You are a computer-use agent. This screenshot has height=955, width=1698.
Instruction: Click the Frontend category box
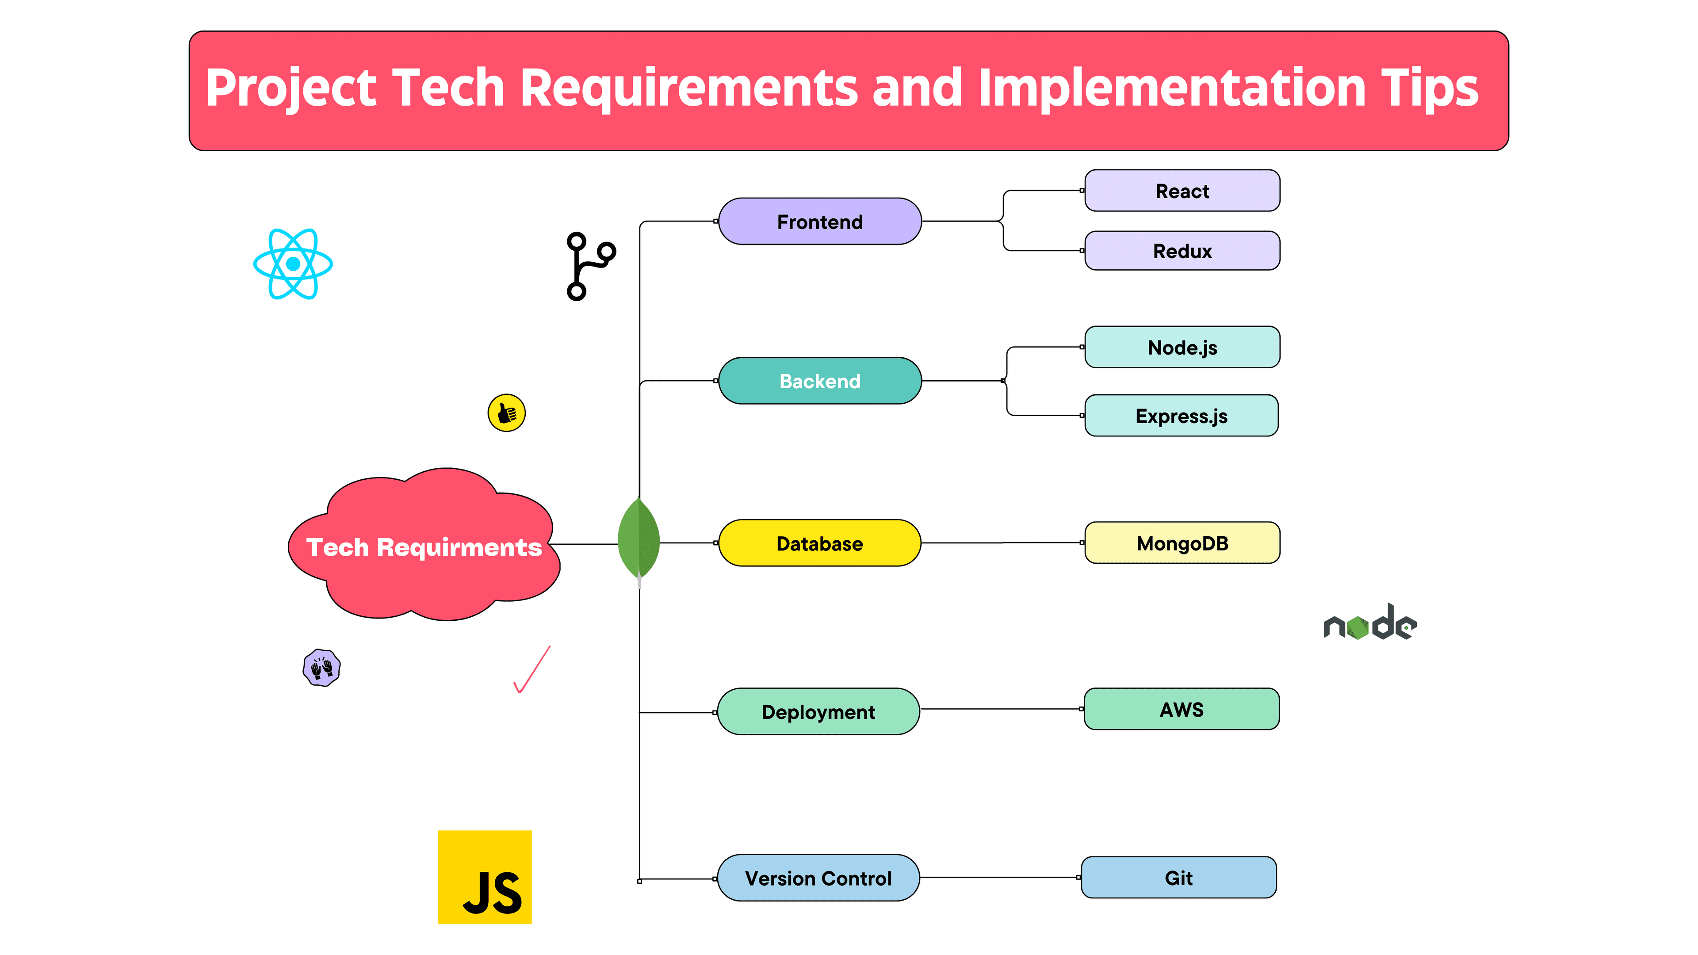tap(819, 222)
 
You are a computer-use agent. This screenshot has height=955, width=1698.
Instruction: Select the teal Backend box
tap(819, 381)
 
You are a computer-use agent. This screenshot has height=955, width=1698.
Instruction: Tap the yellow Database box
tap(819, 543)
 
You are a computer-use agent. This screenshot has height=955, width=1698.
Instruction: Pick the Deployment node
tap(818, 712)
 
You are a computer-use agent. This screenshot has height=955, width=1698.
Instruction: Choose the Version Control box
tap(818, 878)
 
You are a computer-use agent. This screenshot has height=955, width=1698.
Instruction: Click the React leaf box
tap(1182, 191)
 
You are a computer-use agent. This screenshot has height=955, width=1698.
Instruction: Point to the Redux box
tap(1182, 250)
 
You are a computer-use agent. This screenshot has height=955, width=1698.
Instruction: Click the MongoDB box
tap(1182, 542)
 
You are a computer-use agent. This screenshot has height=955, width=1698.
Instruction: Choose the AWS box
tap(1182, 709)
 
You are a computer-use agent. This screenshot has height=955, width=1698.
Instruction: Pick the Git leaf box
tap(1178, 877)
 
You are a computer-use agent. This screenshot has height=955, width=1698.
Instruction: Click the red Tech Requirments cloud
tap(424, 544)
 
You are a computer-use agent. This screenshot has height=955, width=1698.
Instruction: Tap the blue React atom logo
tap(293, 264)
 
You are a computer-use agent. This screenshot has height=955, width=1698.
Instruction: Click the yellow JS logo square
tap(485, 877)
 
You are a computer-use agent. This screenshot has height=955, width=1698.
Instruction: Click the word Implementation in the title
tap(1172, 88)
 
